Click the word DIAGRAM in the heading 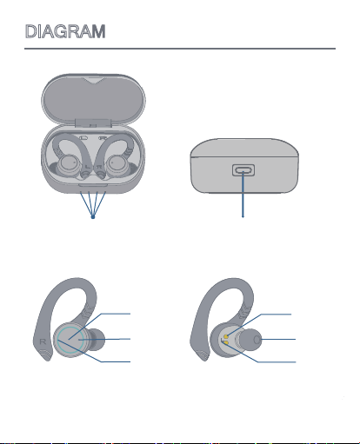pos(65,31)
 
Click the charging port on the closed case pos(243,170)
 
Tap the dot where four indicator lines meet pos(93,217)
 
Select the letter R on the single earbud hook pos(43,341)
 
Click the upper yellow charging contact pos(226,336)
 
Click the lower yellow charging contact pos(226,343)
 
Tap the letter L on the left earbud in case pos(89,167)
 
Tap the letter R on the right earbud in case pos(99,167)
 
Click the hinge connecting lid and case pos(93,123)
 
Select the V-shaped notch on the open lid pos(93,81)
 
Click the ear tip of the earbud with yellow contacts pos(250,340)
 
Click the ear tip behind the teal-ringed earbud pos(96,340)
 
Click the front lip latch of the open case pos(93,185)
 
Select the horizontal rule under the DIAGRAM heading pos(180,49)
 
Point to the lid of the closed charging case pos(244,148)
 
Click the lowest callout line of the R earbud pos(94,352)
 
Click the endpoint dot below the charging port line pos(243,216)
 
